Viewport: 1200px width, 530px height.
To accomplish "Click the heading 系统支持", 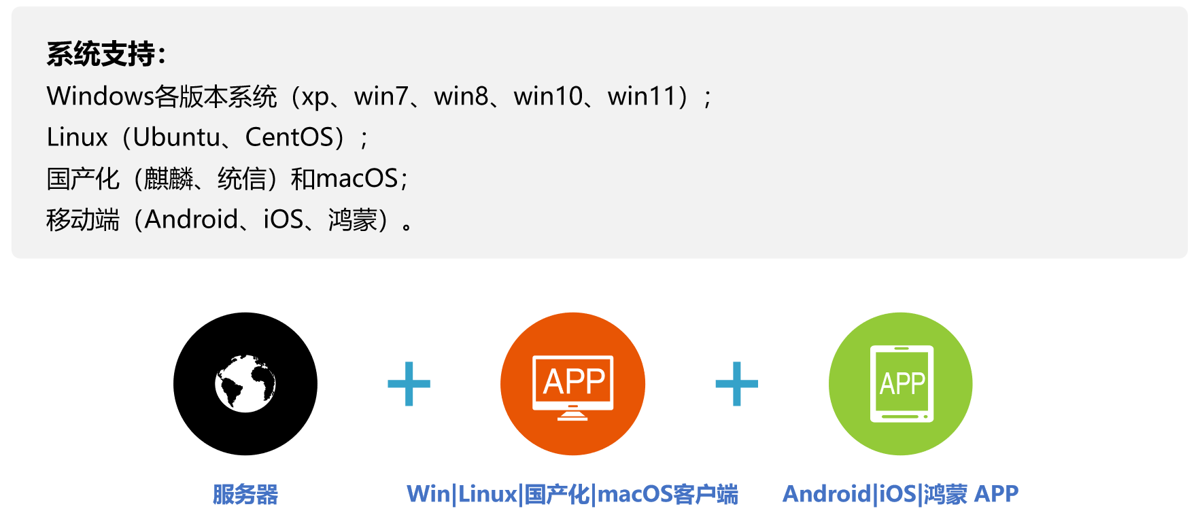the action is tap(101, 54).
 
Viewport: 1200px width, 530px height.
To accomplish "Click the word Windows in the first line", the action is tap(100, 96).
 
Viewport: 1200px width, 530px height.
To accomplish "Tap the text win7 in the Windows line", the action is tap(381, 96).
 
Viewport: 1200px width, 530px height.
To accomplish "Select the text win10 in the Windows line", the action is tap(548, 96).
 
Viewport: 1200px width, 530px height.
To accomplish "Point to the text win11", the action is tap(641, 96).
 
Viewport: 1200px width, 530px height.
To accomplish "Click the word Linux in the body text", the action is tap(77, 137).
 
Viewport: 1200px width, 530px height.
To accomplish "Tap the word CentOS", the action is tap(290, 137).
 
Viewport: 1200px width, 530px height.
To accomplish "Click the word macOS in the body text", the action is tap(356, 179).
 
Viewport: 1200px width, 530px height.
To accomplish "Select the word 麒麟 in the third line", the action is tap(169, 179).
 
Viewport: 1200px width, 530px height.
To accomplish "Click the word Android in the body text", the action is tap(191, 219).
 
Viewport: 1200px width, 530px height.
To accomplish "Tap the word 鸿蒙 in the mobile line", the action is tap(353, 220).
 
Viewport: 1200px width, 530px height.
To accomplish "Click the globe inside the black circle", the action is tap(245, 383).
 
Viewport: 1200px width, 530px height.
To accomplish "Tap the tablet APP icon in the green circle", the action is tap(902, 384).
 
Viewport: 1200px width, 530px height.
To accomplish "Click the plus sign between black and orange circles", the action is tap(409, 384).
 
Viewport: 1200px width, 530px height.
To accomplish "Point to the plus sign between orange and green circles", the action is tap(737, 384).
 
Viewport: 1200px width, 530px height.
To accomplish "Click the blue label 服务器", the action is tap(245, 494).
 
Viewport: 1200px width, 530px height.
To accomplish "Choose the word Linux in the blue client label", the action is tap(487, 494).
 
